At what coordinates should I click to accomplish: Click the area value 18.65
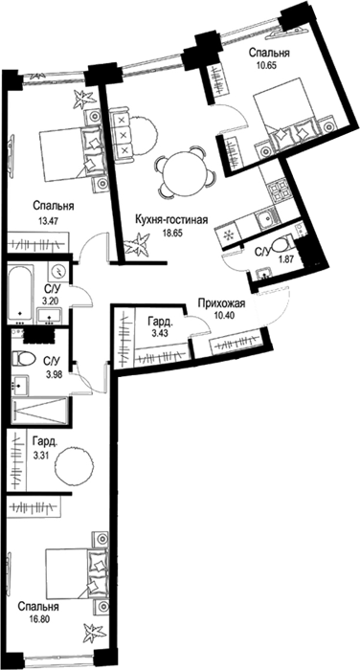(171, 233)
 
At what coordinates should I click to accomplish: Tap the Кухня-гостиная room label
(171, 220)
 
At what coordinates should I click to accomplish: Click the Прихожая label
(220, 303)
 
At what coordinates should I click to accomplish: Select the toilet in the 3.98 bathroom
(24, 358)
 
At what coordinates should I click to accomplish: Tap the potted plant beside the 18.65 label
(138, 245)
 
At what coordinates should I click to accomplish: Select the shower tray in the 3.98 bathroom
(40, 411)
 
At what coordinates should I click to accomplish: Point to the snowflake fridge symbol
(228, 234)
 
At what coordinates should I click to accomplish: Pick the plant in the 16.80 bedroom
(94, 633)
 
